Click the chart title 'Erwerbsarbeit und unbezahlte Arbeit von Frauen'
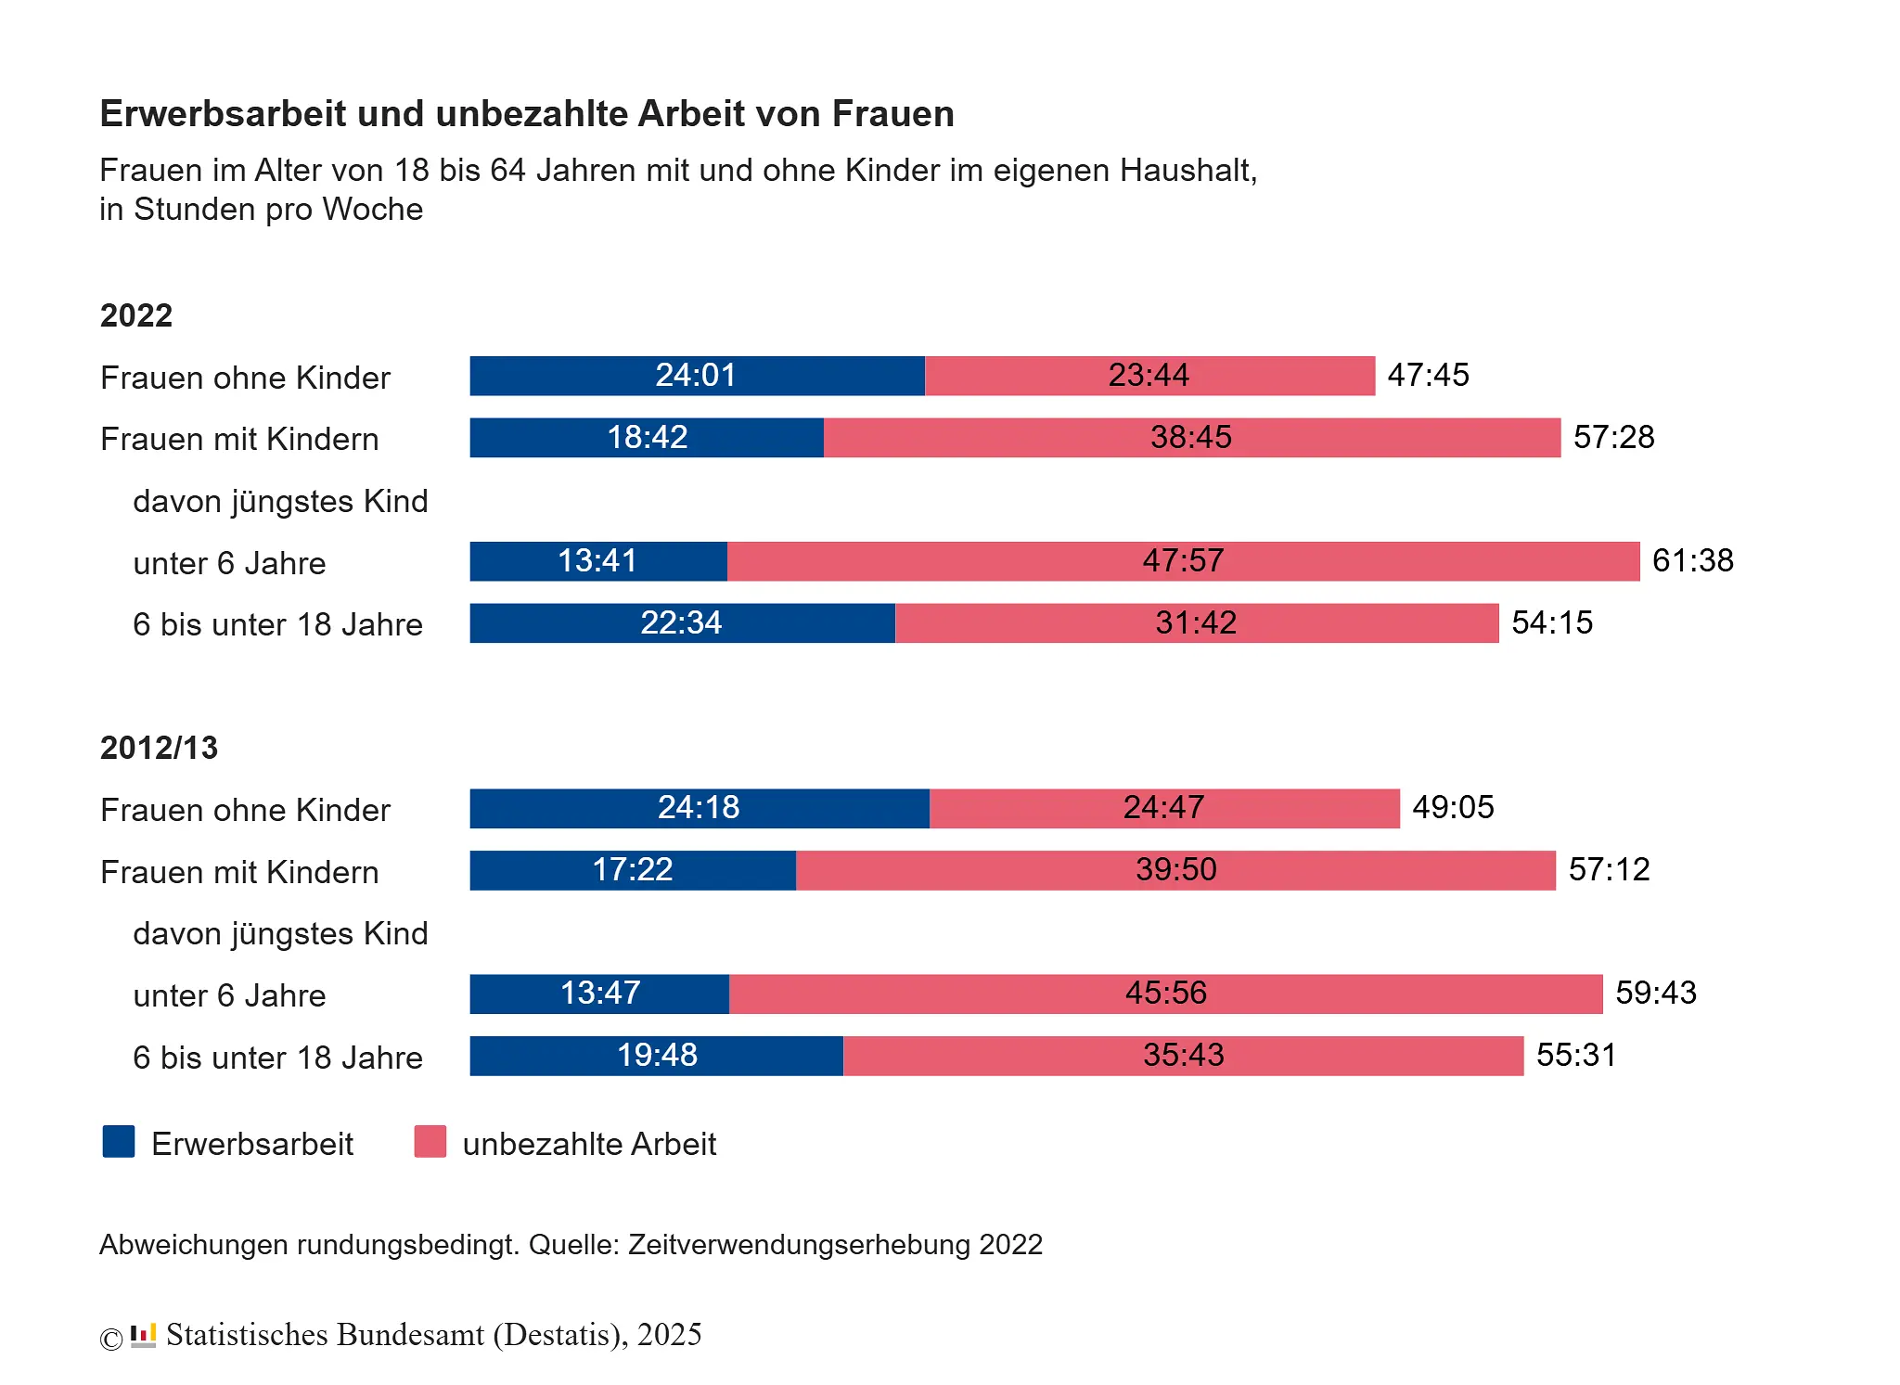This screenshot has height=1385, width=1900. (526, 113)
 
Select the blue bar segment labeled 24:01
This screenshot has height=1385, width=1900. (696, 376)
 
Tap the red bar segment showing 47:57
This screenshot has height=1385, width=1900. (1183, 561)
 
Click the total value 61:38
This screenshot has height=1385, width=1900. (1692, 560)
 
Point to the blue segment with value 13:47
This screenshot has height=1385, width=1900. (599, 994)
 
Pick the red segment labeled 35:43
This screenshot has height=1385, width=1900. (1183, 1056)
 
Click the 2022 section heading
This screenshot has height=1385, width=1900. (135, 315)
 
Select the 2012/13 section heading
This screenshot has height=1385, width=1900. (159, 748)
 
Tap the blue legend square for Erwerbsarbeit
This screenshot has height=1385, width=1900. (119, 1142)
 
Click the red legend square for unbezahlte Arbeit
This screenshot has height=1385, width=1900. (430, 1142)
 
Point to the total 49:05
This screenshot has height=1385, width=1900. (1453, 807)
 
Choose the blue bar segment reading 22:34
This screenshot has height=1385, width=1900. (681, 622)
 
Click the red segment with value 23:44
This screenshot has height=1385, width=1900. (1149, 376)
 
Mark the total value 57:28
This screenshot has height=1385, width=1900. (1613, 437)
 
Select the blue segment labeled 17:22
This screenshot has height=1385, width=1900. (632, 870)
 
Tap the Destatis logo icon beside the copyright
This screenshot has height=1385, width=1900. (143, 1336)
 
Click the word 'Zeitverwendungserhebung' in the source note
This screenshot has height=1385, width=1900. (799, 1244)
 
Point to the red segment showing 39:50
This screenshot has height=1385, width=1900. (1175, 870)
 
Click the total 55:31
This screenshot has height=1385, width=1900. (1576, 1055)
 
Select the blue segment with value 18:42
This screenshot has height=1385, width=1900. (647, 437)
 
